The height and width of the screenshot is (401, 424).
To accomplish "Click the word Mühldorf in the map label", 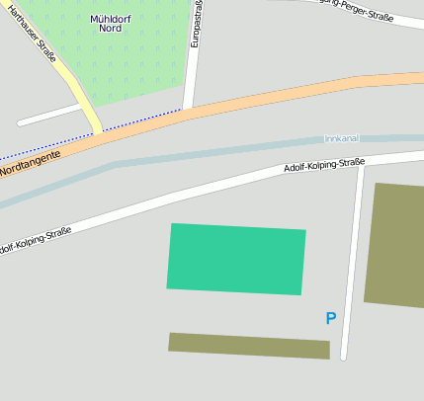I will point(112,18).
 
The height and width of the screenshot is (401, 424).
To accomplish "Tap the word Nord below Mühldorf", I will point(111,29).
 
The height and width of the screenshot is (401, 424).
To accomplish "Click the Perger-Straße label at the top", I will point(356,12).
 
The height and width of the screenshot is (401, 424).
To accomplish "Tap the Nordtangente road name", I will point(30,163).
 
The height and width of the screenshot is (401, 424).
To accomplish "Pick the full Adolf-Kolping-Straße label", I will point(324,165).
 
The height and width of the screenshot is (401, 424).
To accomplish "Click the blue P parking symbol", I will point(331,318).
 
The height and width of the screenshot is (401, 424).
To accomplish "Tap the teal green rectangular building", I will point(236,259).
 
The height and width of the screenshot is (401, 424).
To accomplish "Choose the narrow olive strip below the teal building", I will point(248,346).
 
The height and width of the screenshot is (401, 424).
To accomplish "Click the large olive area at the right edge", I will point(397,245).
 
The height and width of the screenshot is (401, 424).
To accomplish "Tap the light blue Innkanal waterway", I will point(198,151).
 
